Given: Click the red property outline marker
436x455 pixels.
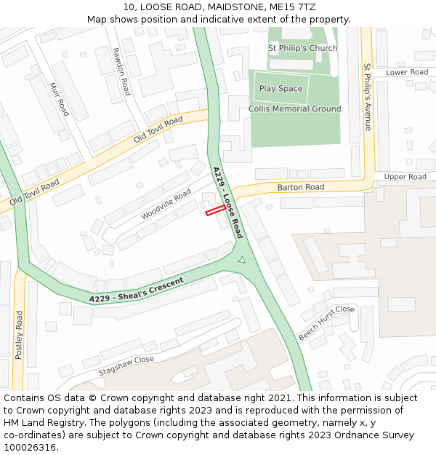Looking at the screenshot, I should coord(215,210).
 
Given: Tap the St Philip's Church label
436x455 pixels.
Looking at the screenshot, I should coord(302,48).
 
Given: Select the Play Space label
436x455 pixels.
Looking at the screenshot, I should coord(280,89).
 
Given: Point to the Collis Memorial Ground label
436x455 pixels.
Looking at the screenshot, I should coord(294,109).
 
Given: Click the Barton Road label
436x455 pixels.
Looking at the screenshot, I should coord(301,187).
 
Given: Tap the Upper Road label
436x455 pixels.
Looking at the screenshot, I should coord(405,177).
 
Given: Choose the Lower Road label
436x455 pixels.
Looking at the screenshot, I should coord(407,72).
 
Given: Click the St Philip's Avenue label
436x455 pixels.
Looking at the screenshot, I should coord(368,97).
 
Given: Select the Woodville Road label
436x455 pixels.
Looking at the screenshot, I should coord(166,204).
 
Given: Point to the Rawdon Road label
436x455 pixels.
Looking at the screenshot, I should coord(121,71).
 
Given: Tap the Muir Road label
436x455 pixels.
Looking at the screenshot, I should coord(60,98).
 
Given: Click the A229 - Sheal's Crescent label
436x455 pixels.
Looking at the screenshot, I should coord(137,290).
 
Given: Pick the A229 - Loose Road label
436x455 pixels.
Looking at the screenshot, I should coord(227,202).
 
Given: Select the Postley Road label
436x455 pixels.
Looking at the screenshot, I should coord(20,335).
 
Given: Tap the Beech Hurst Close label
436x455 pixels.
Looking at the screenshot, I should coord(326,323).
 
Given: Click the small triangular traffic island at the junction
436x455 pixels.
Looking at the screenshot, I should coord(242,258).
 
